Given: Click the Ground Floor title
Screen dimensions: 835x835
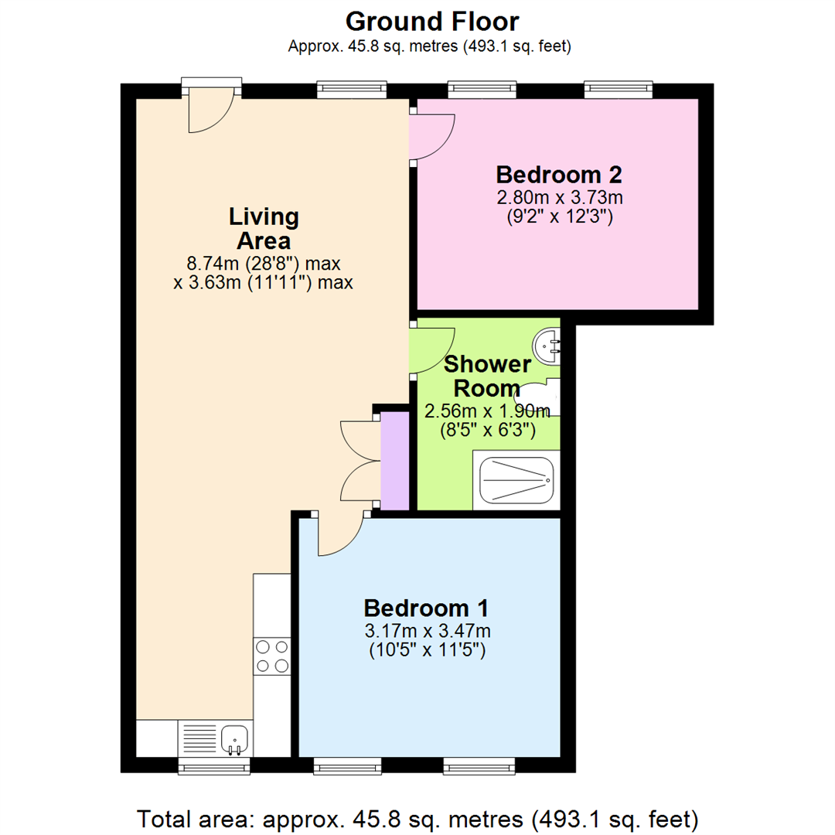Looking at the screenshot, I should (432, 21).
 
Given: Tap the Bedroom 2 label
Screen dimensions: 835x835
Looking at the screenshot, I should (559, 174).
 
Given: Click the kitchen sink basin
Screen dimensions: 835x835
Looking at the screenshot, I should (233, 738).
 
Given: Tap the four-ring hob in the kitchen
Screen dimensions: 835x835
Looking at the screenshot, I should (272, 656).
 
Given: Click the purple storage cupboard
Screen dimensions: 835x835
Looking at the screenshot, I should (395, 462).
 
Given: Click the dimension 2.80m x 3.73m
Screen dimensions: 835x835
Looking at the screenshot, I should (559, 198).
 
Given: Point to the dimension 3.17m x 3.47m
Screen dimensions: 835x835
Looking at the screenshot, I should (428, 630).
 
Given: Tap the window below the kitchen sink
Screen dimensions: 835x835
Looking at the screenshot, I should (214, 765).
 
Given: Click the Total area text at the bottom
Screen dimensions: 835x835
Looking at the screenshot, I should (417, 817).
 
